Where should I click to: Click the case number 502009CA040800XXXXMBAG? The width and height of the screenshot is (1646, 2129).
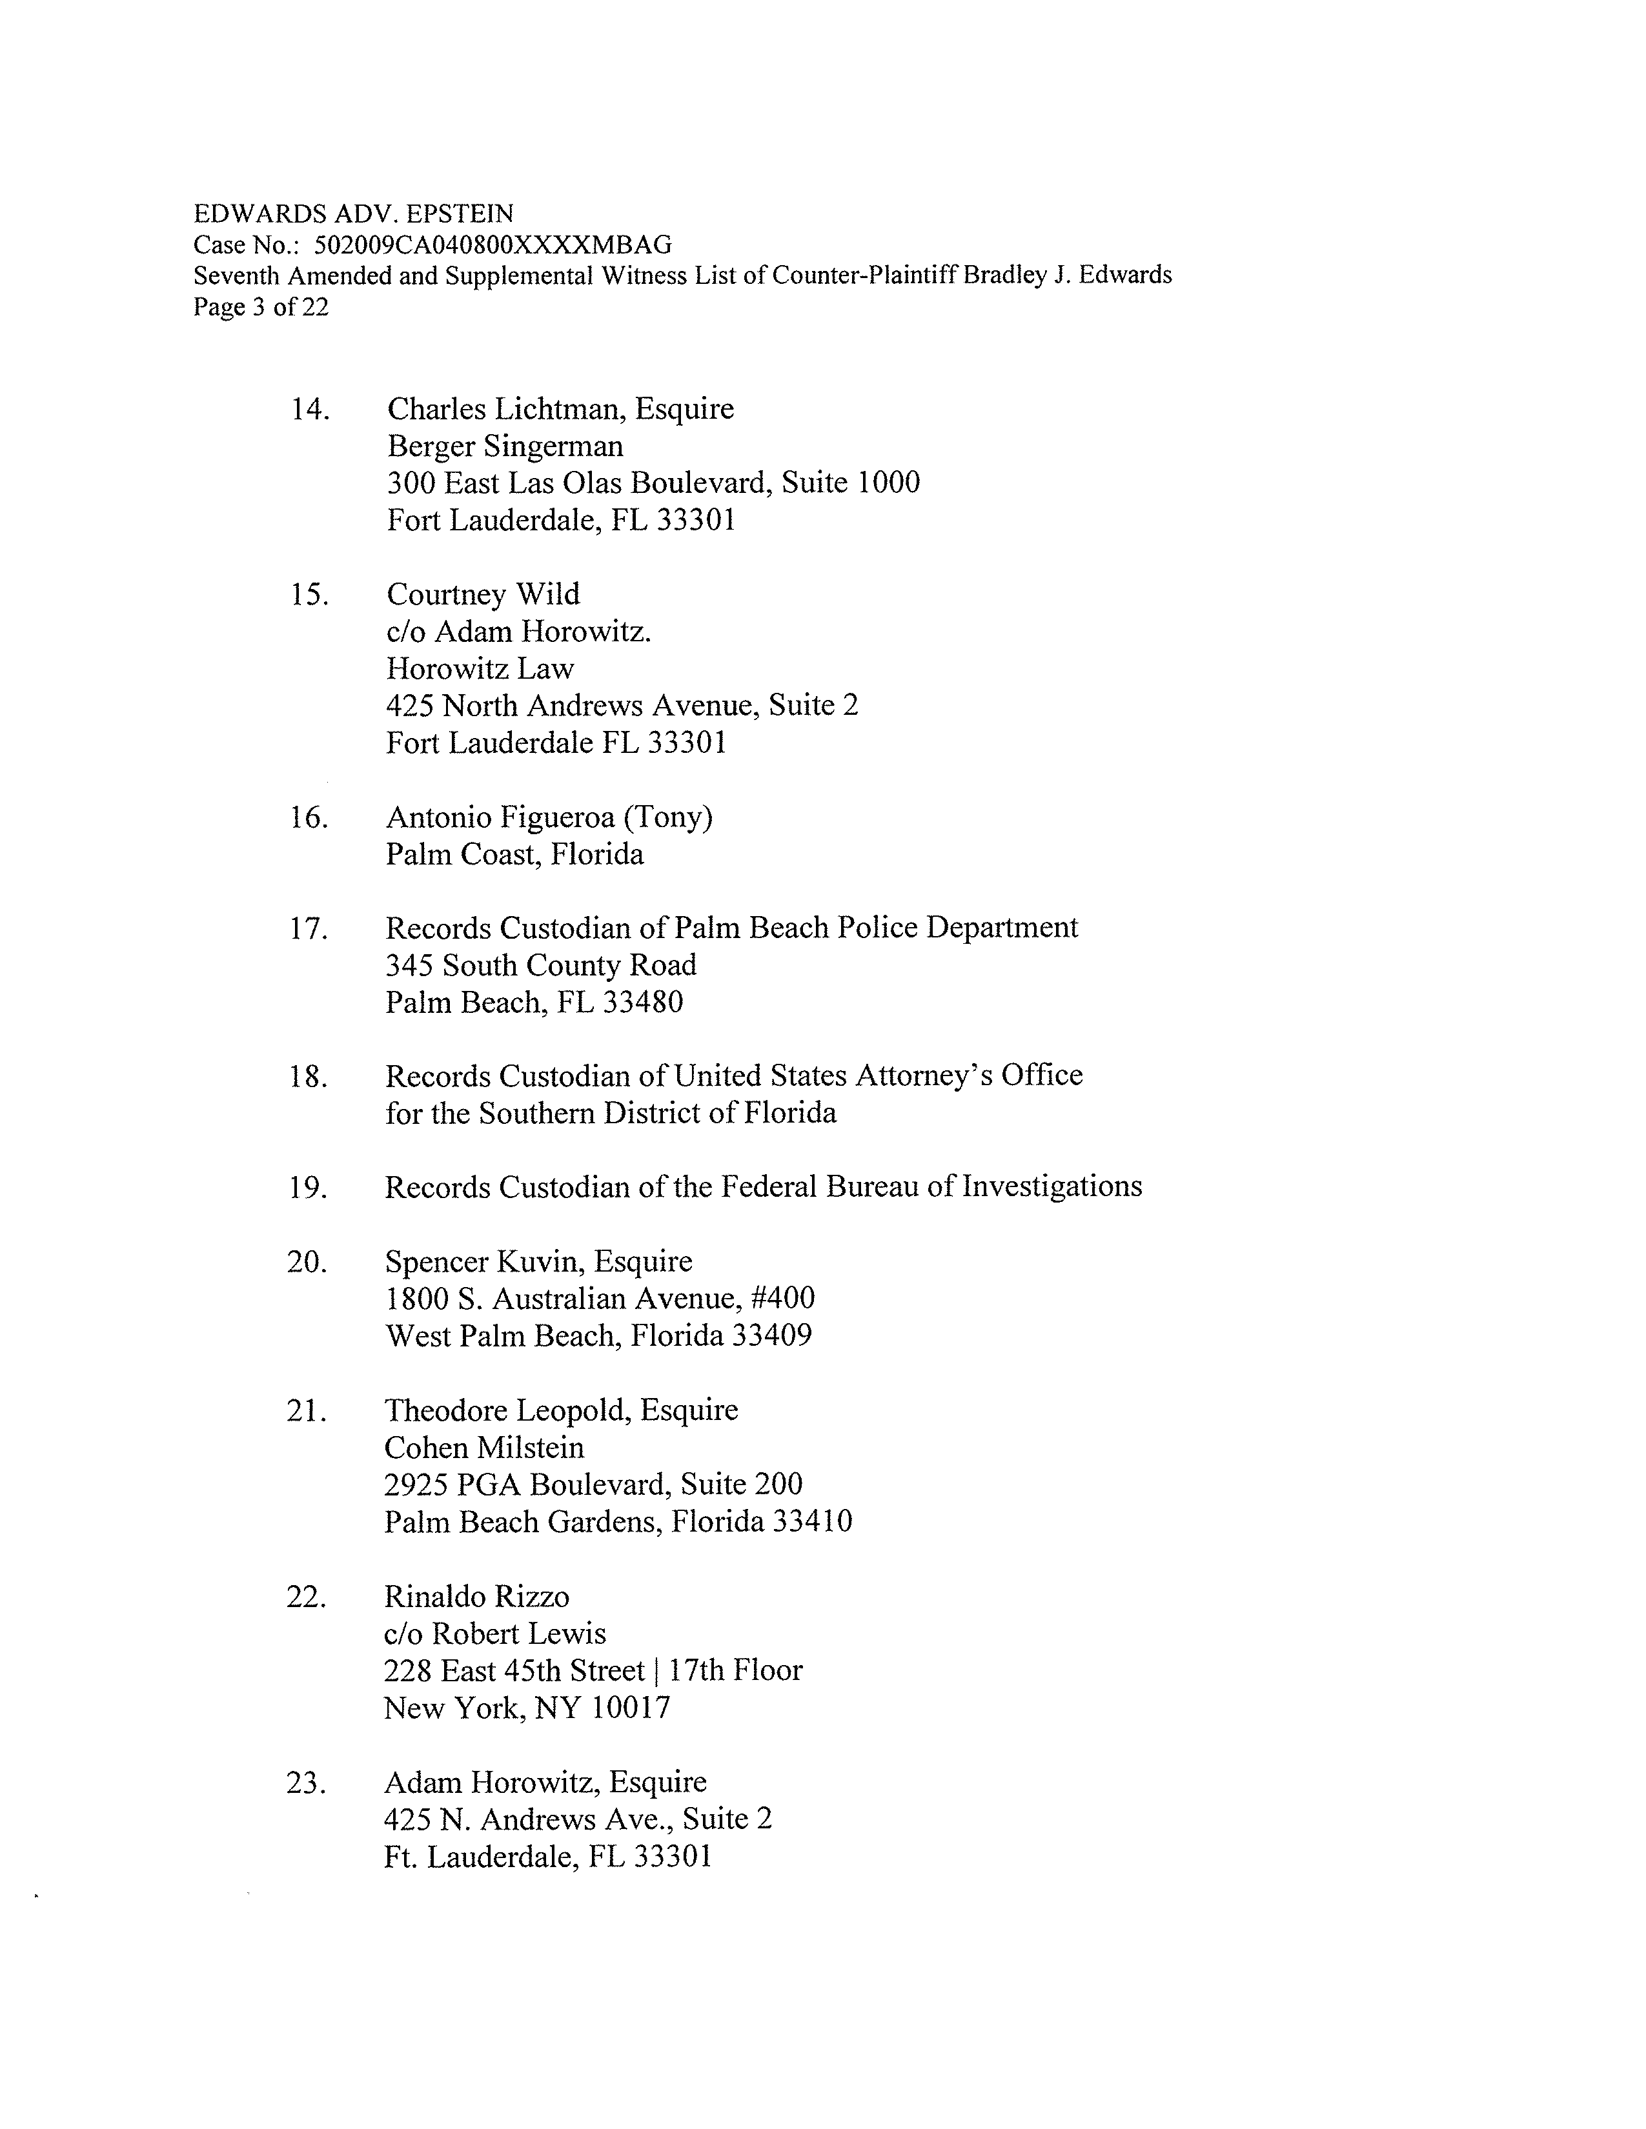(493, 245)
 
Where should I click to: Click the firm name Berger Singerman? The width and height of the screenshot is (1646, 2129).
(505, 446)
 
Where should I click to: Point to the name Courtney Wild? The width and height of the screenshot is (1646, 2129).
(483, 595)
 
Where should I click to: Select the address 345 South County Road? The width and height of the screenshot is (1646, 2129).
(540, 966)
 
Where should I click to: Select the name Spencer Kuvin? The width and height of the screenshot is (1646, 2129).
(485, 1263)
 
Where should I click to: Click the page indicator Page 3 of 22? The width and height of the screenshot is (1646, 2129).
(260, 308)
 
